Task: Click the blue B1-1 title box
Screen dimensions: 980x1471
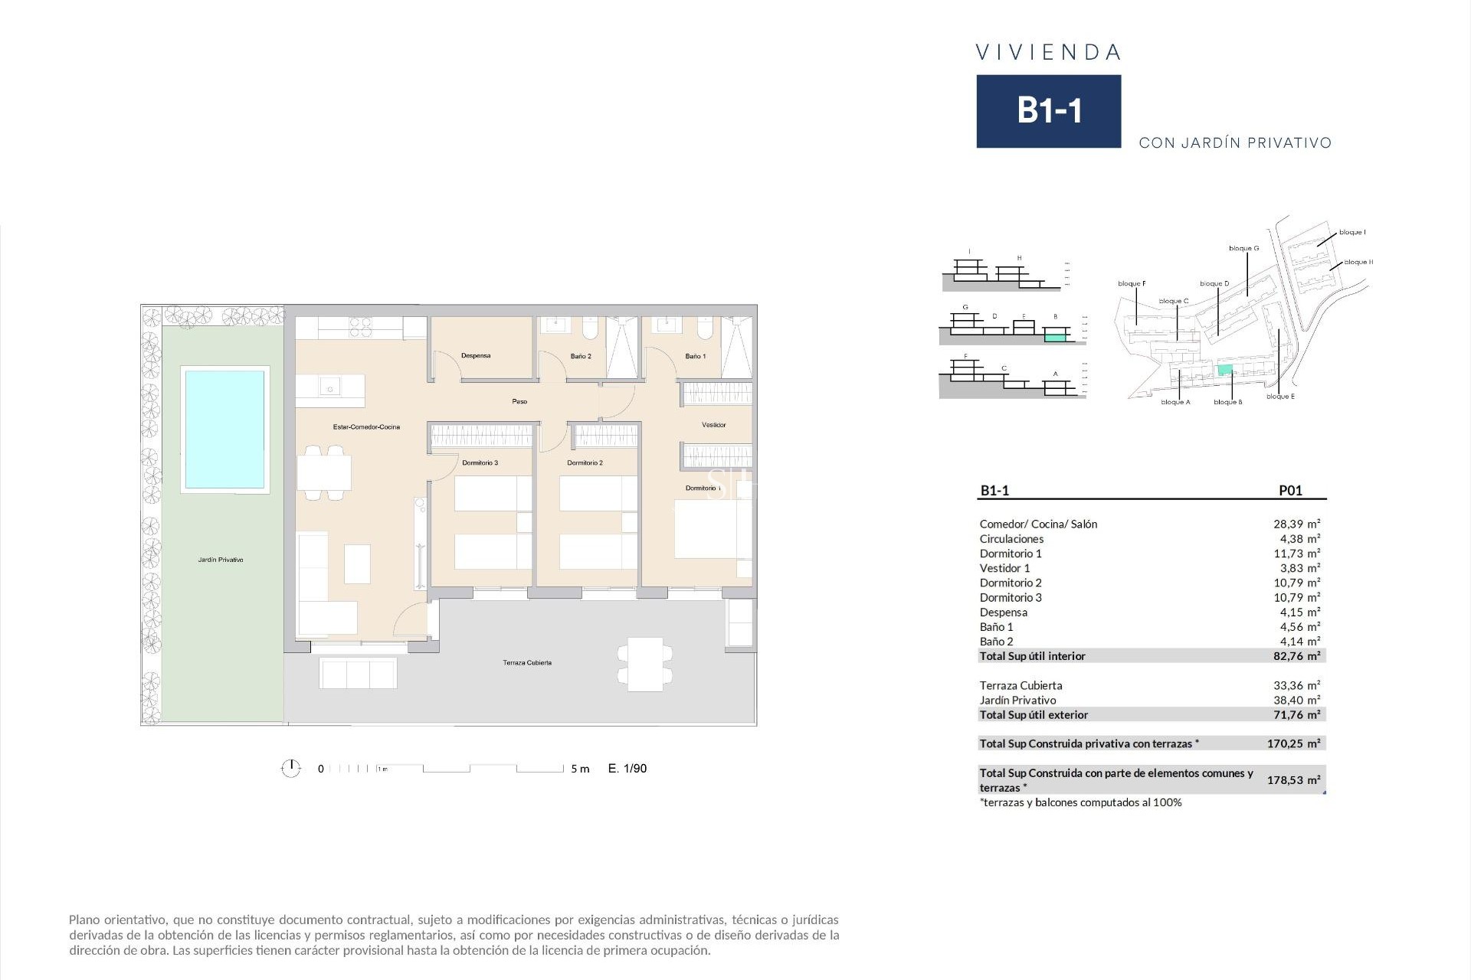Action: coord(1048,111)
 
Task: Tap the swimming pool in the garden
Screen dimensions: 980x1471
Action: coord(224,429)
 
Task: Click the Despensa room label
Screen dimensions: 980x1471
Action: coord(476,356)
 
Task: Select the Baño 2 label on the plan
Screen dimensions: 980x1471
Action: coord(581,357)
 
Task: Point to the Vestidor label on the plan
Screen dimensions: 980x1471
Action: coord(713,425)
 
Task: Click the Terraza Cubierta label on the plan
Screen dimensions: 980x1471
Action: coord(527,663)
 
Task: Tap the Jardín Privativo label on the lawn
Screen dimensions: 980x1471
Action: coord(221,560)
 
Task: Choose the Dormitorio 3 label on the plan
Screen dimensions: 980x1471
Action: coord(480,463)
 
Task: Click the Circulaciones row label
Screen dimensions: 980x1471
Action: coord(1011,539)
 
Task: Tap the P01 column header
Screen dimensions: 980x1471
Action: coord(1290,491)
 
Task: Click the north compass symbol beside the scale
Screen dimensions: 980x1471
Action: coord(291,768)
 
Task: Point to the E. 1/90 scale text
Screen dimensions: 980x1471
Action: coord(627,769)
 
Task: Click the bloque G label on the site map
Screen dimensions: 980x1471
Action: coord(1243,249)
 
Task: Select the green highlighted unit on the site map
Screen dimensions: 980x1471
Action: coord(1225,371)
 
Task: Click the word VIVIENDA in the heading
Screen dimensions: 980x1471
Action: coord(1048,53)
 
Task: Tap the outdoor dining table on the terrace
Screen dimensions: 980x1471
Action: coord(645,665)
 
